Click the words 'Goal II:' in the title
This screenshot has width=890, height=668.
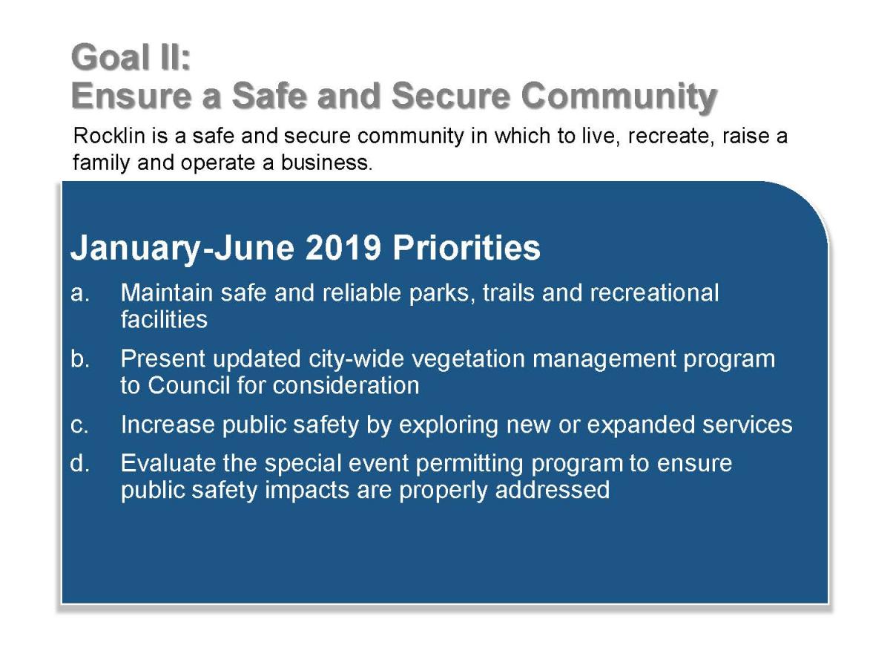coord(131,58)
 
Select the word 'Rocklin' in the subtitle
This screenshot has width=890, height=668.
coord(109,136)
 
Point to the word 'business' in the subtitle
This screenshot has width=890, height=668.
coord(326,163)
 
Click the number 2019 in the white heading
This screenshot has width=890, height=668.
coord(343,247)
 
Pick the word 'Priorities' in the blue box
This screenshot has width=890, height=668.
coord(467,247)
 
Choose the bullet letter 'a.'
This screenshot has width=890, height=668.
coord(79,293)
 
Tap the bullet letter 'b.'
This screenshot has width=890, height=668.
coord(80,358)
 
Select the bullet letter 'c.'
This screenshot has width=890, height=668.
coord(79,425)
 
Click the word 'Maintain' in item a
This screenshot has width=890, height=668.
coord(167,292)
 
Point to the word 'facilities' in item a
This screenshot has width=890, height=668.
coord(164,319)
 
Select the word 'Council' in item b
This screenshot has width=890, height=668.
coord(188,385)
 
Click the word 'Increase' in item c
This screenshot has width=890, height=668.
coord(168,425)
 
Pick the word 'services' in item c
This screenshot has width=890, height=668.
coord(747,425)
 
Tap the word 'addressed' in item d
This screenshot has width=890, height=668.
coord(553,490)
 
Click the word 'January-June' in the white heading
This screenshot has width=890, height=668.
coord(182,249)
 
